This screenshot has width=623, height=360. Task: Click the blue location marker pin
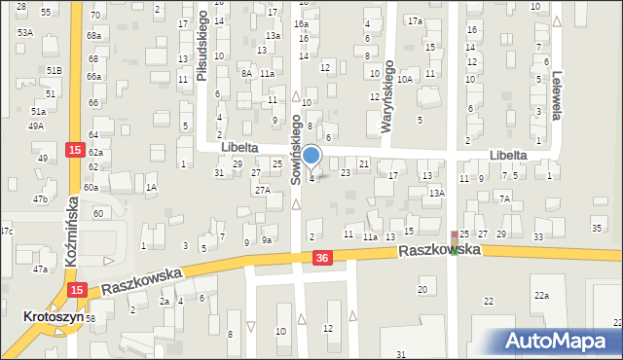[311, 156]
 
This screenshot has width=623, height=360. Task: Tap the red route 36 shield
[322, 257]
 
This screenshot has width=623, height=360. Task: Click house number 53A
[24, 32]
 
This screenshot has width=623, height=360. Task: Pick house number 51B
[55, 71]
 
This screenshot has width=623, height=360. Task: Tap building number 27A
[263, 190]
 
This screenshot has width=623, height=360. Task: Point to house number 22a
[540, 295]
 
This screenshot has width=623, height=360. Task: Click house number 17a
[416, 20]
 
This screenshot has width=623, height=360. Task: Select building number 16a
[302, 23]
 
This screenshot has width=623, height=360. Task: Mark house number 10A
[404, 79]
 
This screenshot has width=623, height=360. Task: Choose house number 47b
[40, 198]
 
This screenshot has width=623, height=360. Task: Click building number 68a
[93, 35]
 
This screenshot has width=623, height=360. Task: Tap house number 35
[597, 228]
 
